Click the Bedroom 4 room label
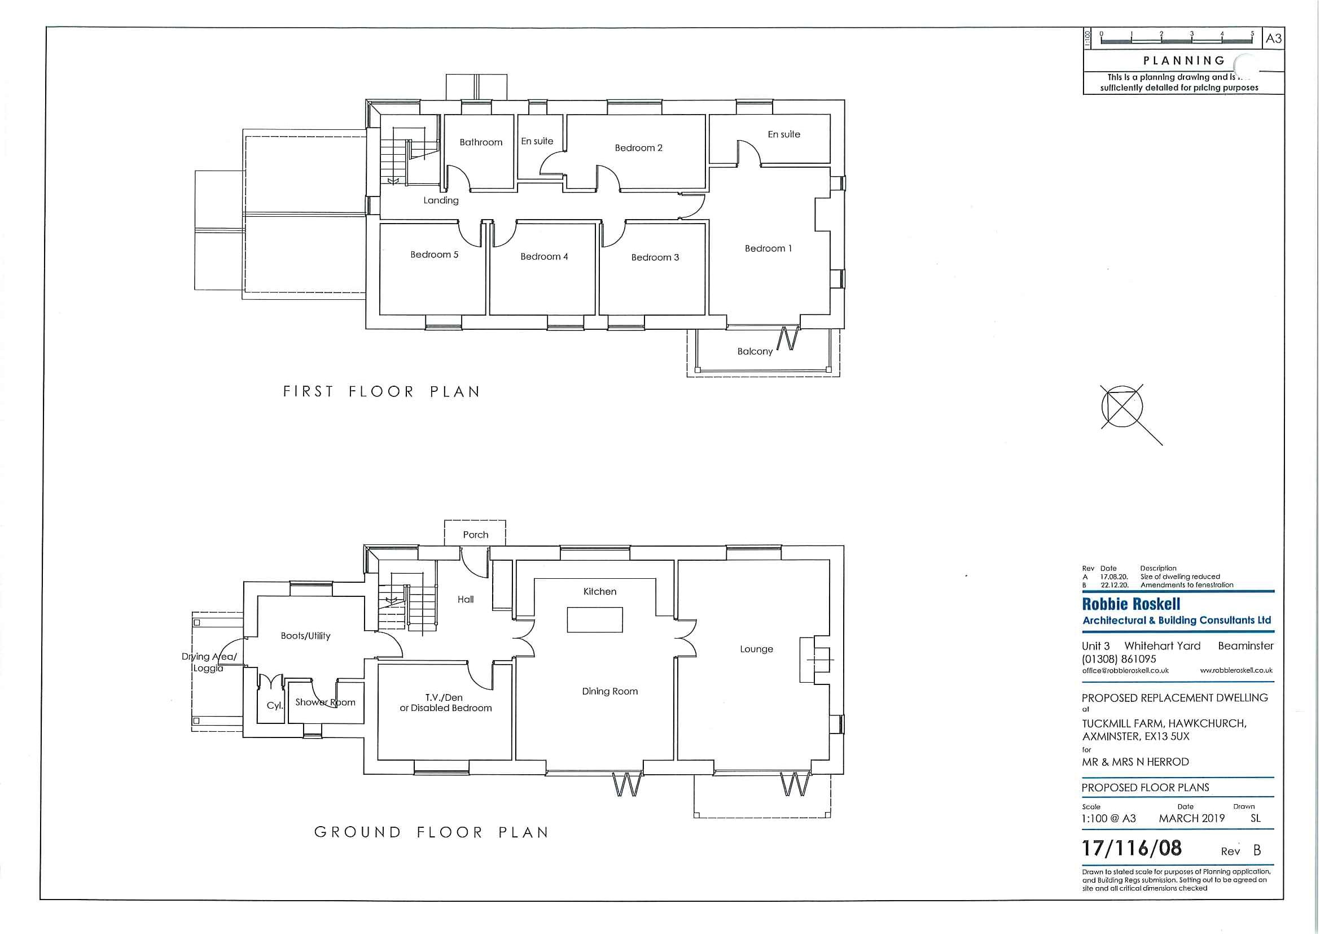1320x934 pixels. point(544,256)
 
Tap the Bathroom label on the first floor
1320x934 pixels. point(481,142)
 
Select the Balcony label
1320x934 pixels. point(755,351)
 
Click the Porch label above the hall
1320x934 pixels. point(475,535)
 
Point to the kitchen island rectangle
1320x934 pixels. point(595,620)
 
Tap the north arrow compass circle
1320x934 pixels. point(1122,407)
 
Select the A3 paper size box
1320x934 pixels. point(1273,39)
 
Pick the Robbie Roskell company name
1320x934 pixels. point(1131,604)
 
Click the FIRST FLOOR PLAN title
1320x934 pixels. point(381,392)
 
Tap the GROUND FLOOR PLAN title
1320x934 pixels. point(431,832)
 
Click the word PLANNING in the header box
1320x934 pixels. point(1183,60)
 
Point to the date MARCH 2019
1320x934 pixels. point(1191,818)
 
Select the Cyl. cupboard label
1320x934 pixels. point(275,706)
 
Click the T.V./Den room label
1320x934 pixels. point(446,697)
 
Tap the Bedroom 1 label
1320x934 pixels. point(768,248)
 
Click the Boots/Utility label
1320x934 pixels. point(305,635)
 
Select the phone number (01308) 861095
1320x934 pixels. point(1118,659)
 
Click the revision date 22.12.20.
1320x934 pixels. point(1114,585)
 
